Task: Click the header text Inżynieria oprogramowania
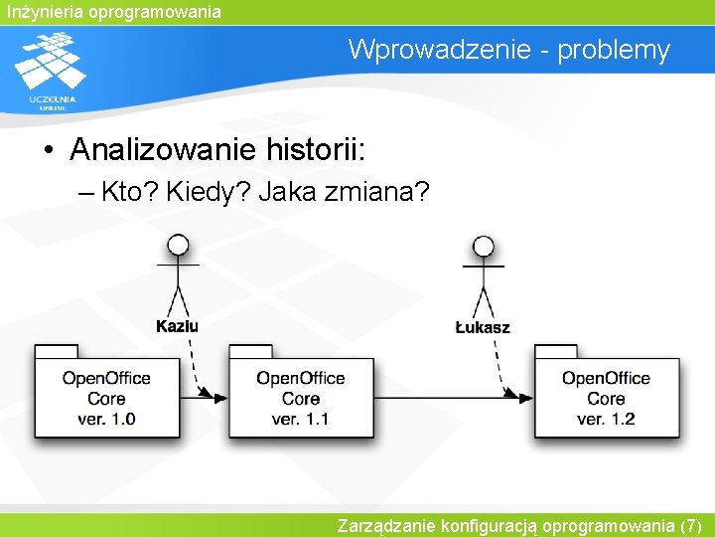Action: (111, 12)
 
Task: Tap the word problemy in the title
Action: (614, 50)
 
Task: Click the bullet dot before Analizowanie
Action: (49, 151)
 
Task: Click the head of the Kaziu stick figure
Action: (178, 246)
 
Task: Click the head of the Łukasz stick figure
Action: (484, 246)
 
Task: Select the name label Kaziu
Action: (178, 326)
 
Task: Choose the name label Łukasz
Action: (483, 326)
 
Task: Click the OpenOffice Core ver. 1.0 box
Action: (107, 398)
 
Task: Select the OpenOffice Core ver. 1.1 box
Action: (301, 398)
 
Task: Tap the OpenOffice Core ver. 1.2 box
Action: (606, 398)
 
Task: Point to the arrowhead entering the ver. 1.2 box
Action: (523, 397)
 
